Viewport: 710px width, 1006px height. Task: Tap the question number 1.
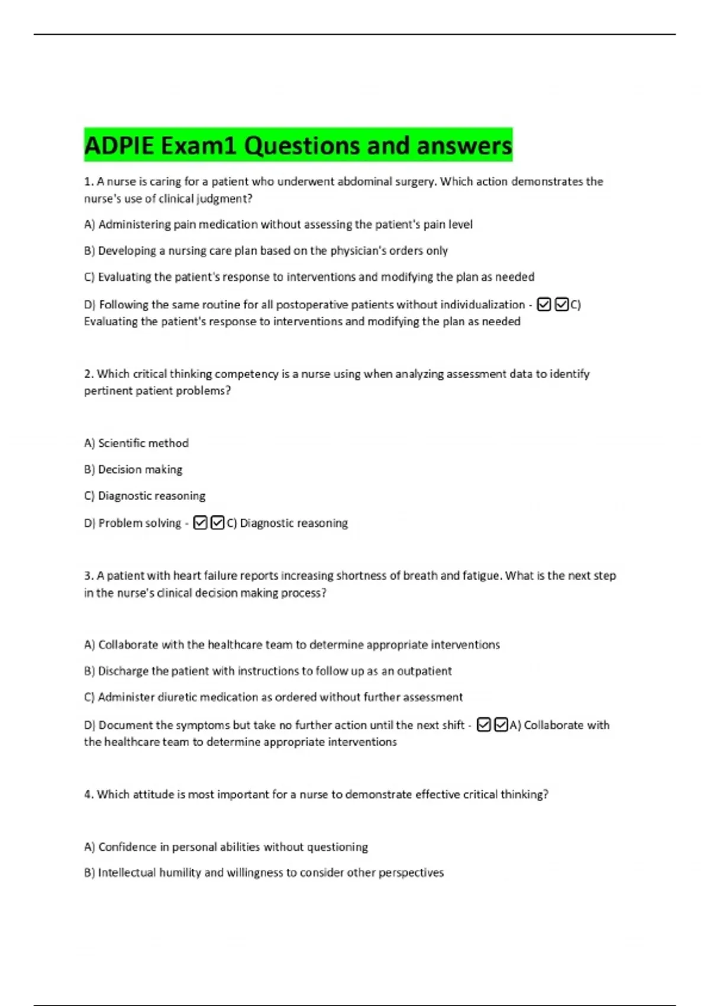pos(88,182)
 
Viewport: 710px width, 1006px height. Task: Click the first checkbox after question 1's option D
pos(544,305)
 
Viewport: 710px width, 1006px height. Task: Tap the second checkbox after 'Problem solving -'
pos(217,523)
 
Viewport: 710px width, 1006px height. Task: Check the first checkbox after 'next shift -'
pos(483,725)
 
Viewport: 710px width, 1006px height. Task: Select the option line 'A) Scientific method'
pos(137,443)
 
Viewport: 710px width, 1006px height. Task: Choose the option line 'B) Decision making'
pos(133,470)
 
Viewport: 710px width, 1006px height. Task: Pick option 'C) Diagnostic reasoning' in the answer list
pos(145,496)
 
